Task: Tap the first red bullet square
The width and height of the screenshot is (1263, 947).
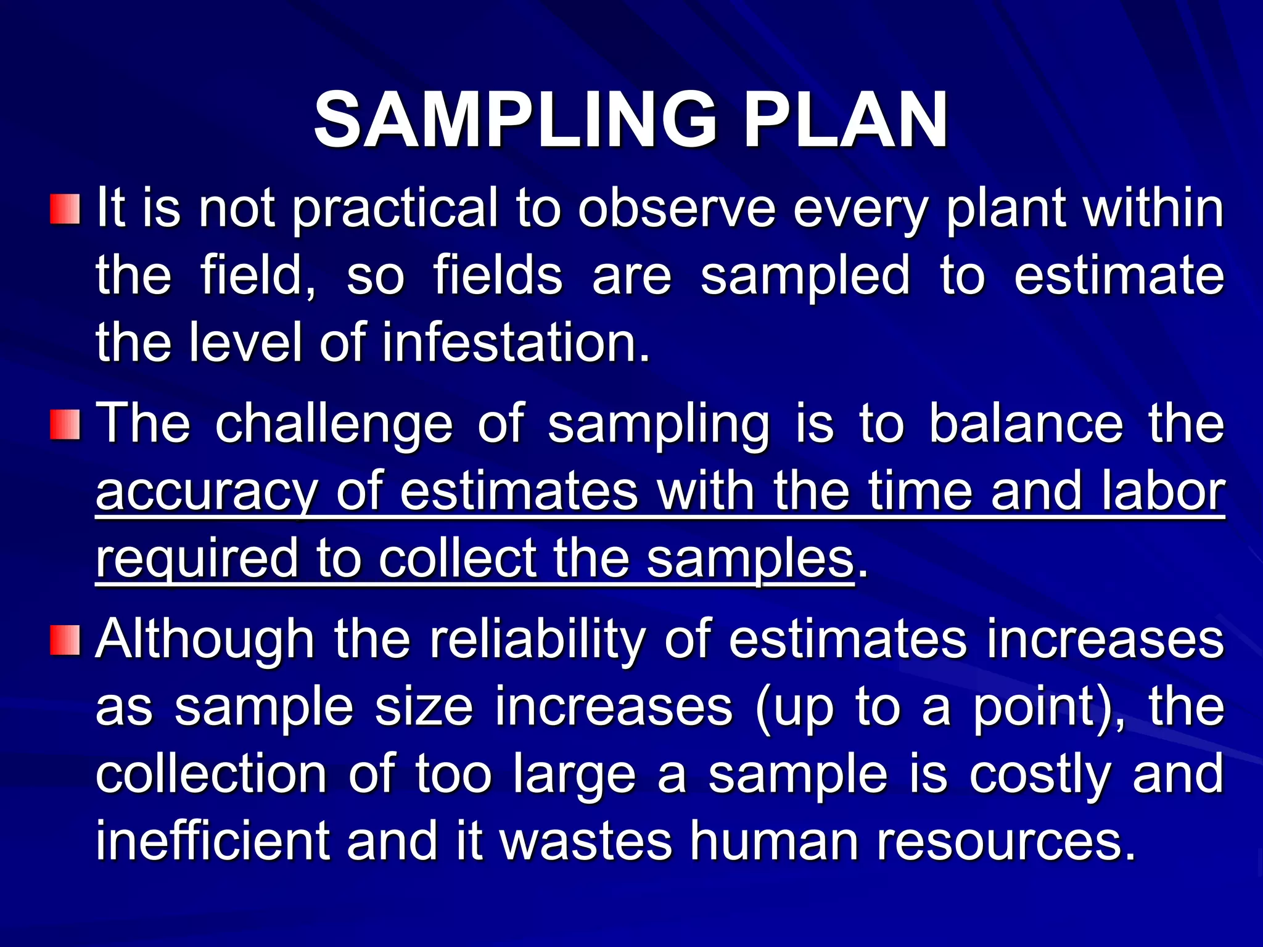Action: click(65, 210)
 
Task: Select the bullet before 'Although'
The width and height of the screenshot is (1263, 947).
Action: click(65, 640)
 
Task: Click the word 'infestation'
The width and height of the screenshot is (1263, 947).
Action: click(515, 343)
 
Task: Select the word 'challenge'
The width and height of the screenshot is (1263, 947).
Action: click(334, 424)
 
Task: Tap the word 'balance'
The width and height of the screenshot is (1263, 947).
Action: click(1026, 424)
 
